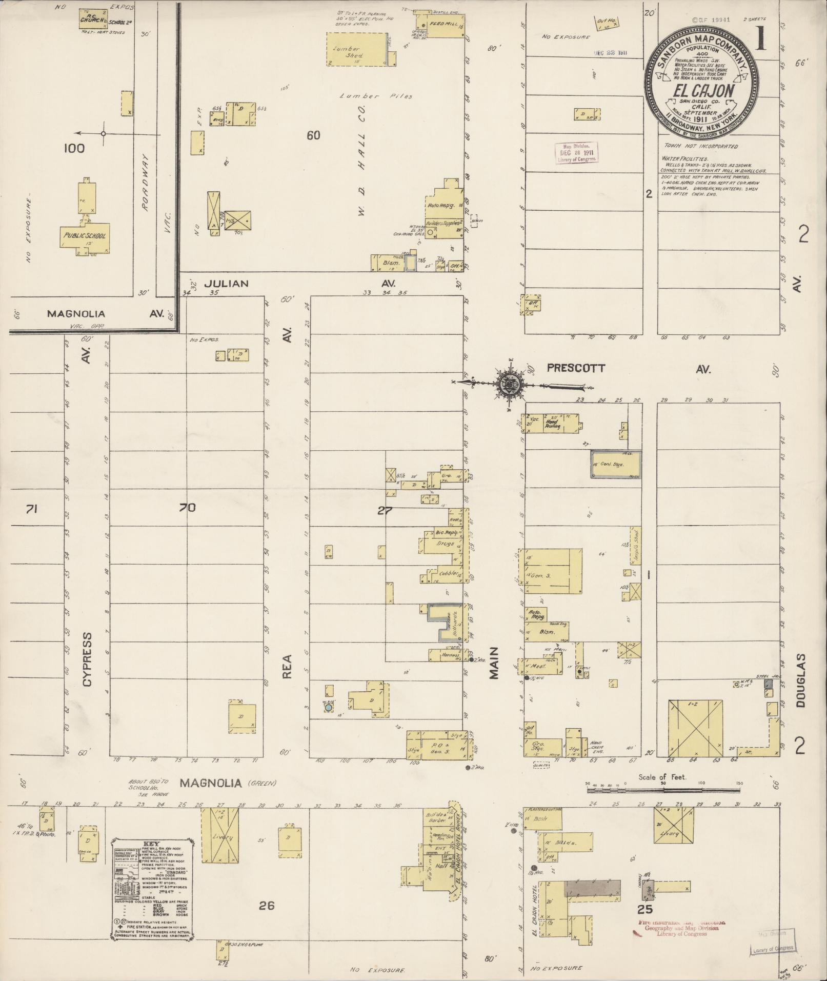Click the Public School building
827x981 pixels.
[x=85, y=237]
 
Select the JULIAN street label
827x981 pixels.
[x=226, y=284]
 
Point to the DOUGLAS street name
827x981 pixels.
[x=801, y=680]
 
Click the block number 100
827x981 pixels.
[x=74, y=149]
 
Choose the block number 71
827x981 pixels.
[x=32, y=509]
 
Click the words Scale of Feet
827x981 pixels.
[x=662, y=777]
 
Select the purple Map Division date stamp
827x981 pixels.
[x=577, y=153]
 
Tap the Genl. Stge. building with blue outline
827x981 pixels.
[x=616, y=465]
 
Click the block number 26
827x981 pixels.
[x=267, y=906]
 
